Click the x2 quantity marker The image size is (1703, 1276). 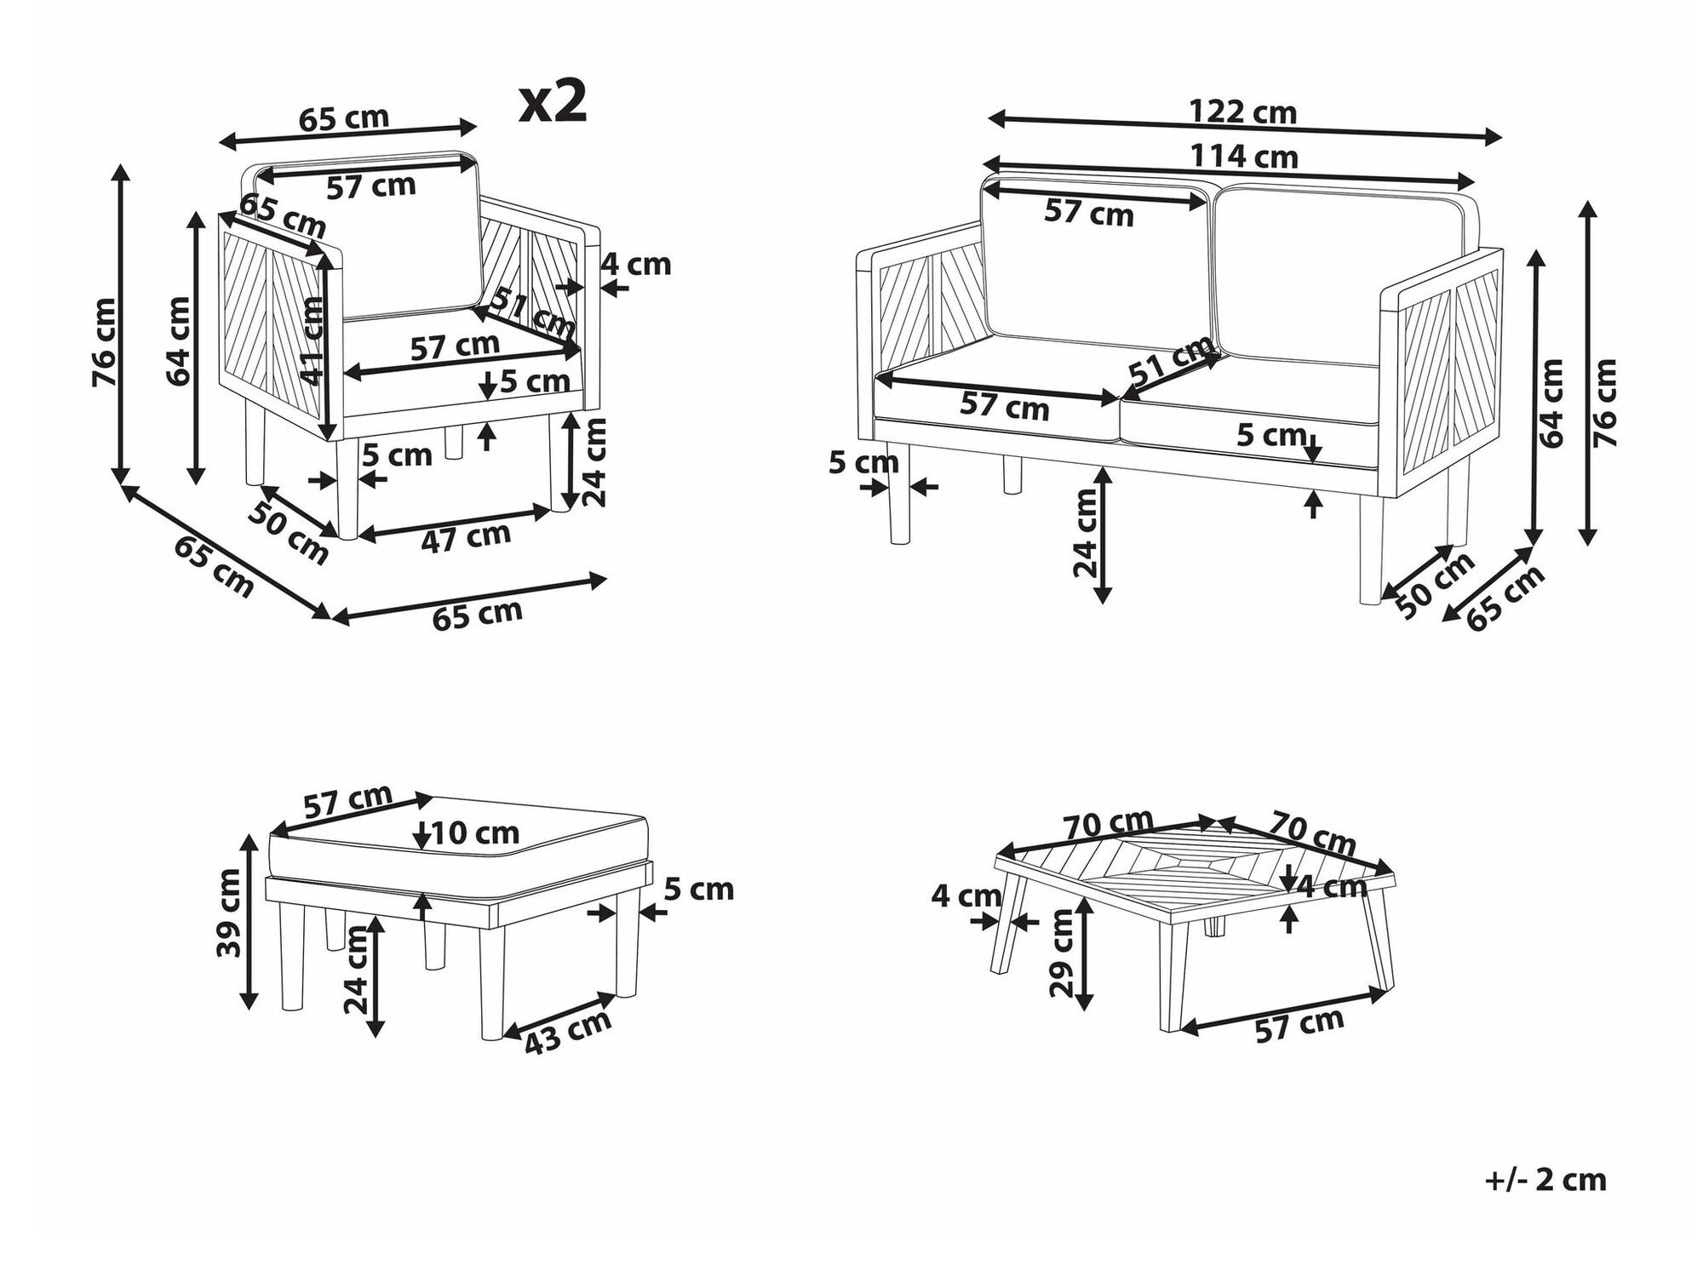tap(553, 103)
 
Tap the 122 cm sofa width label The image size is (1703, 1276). tap(1242, 112)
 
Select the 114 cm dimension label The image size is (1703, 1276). tap(1243, 157)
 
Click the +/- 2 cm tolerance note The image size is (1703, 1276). tap(1545, 1180)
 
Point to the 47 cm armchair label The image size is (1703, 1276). tap(466, 537)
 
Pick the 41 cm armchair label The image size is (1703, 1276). tap(313, 340)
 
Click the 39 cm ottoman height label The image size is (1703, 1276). tap(230, 913)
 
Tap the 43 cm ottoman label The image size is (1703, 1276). tap(567, 1033)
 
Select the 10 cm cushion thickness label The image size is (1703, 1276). tap(475, 833)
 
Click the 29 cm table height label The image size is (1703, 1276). tap(1062, 953)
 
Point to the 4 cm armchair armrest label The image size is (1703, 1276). tap(636, 265)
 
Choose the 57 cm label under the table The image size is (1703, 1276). tap(1299, 1025)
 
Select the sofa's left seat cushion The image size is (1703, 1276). tap(996, 392)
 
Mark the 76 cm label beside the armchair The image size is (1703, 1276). tap(105, 341)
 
